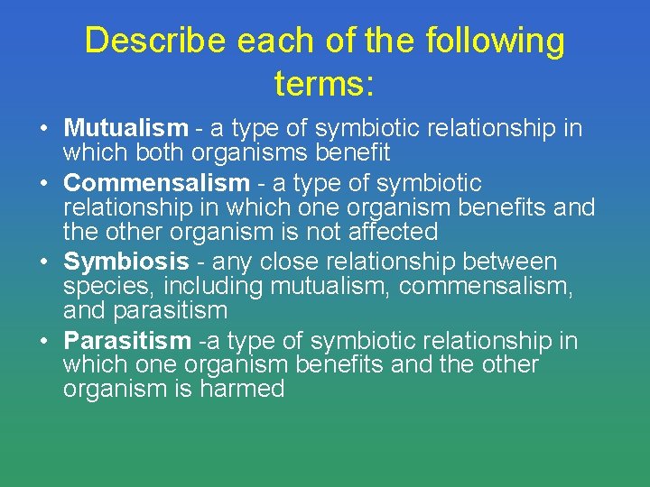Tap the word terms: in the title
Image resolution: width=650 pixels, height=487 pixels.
(x=324, y=85)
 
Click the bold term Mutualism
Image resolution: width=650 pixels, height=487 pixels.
(x=125, y=129)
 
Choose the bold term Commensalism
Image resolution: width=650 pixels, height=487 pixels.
(x=156, y=183)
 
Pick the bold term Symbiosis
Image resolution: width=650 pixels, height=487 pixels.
(x=125, y=262)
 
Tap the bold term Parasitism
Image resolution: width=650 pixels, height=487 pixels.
(x=127, y=341)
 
